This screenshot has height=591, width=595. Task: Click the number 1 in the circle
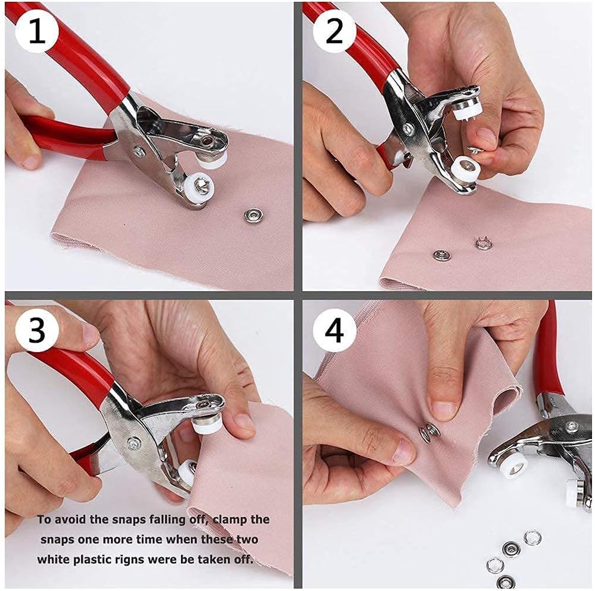click(37, 31)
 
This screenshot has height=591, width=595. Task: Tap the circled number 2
click(335, 31)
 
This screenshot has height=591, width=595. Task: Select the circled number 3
click(37, 331)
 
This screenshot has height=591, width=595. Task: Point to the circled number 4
click(335, 331)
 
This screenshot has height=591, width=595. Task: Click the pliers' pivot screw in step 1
click(138, 152)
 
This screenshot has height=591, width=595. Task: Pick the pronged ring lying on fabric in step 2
click(483, 243)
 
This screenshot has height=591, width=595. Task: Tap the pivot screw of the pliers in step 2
click(408, 127)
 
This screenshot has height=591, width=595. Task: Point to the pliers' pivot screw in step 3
click(134, 442)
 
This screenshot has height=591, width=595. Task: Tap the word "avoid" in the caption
click(69, 520)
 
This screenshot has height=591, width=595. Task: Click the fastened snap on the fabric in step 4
click(430, 432)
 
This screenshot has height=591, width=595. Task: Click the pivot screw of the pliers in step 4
click(571, 427)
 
